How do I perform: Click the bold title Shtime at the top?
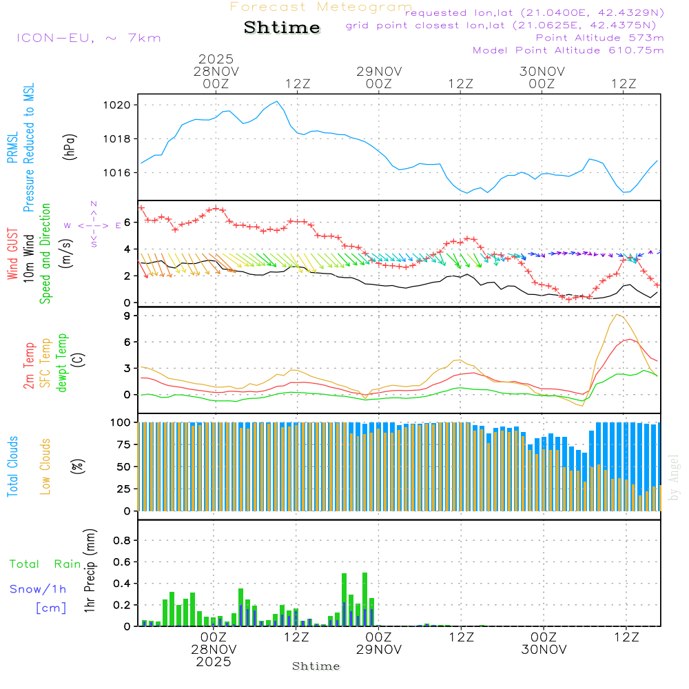point(282,28)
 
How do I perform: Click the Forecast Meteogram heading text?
point(321,7)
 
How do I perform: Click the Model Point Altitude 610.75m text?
point(568,50)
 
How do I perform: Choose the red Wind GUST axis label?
point(12,256)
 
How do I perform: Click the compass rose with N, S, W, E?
point(93,225)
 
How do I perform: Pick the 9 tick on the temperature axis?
point(127,316)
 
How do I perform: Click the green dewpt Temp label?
point(63,363)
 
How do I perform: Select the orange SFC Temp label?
point(46,363)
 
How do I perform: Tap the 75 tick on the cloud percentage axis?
point(123,444)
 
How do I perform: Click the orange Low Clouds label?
point(46,465)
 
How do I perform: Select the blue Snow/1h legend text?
point(38,590)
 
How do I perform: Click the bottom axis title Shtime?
point(316,666)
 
